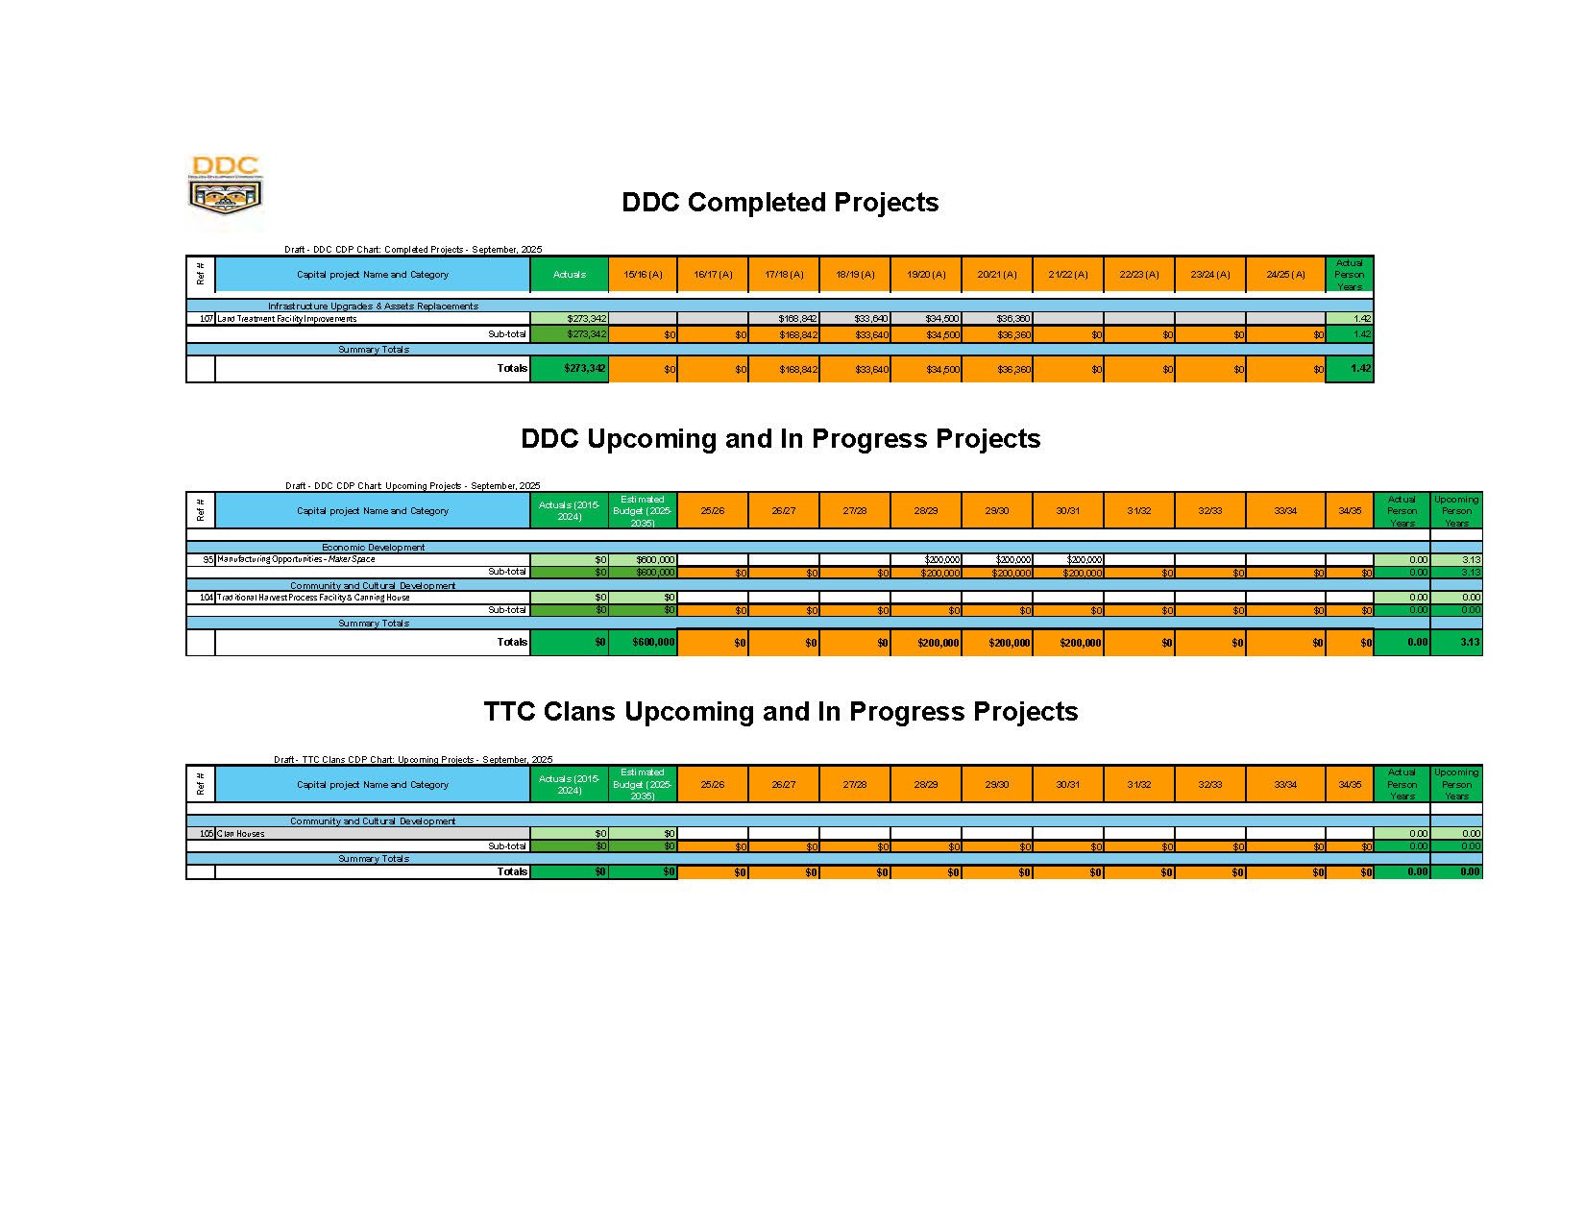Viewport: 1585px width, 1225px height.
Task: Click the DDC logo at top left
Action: point(226,192)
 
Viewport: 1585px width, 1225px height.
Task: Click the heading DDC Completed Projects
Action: point(780,203)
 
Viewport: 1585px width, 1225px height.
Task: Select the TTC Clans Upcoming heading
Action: point(780,712)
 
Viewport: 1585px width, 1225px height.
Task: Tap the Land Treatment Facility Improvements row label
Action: point(287,319)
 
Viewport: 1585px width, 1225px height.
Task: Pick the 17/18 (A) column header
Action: point(784,275)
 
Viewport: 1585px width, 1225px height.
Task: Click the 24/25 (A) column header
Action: point(1285,275)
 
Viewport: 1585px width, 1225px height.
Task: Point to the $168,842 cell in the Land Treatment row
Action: point(797,319)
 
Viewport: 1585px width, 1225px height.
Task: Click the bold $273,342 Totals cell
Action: point(584,369)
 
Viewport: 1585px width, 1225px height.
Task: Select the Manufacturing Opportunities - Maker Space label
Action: point(296,559)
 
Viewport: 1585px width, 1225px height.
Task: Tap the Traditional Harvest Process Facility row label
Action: point(313,598)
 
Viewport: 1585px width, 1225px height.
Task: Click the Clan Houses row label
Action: point(240,834)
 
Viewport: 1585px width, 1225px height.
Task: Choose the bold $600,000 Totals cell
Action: point(652,643)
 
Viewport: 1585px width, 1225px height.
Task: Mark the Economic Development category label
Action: point(373,548)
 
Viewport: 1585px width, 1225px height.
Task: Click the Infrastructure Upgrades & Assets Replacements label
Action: point(373,306)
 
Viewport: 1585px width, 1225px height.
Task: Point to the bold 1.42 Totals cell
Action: point(1359,369)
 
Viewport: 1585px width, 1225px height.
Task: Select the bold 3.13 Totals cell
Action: point(1469,643)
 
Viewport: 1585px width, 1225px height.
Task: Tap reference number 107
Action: point(206,319)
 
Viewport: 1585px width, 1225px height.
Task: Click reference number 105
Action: point(206,834)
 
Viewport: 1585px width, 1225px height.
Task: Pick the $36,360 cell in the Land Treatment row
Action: point(1013,319)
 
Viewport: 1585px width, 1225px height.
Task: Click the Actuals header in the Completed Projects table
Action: point(570,275)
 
